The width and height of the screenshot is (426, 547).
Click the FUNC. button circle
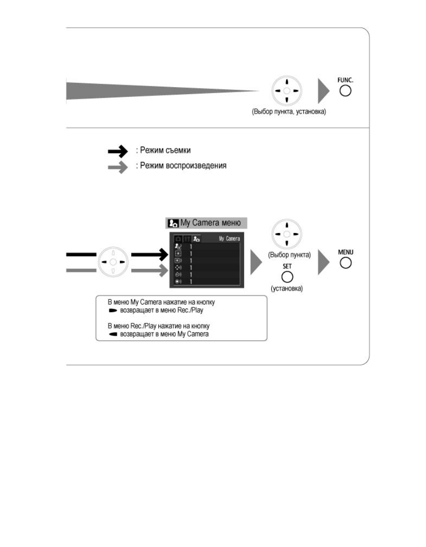coord(346,91)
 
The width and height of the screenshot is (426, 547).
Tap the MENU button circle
coord(346,263)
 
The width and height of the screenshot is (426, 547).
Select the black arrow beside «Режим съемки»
coord(118,151)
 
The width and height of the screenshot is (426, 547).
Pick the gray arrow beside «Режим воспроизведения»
coord(118,167)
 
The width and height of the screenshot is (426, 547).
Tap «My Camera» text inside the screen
coord(229,239)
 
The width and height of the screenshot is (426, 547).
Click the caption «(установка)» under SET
coord(287,288)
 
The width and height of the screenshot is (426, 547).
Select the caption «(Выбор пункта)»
coord(289,255)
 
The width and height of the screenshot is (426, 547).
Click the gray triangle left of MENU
coord(323,262)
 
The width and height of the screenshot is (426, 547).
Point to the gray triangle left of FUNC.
coord(323,91)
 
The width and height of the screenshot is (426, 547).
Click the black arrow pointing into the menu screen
coord(149,255)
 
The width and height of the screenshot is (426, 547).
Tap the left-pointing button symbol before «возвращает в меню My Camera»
coord(113,334)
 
